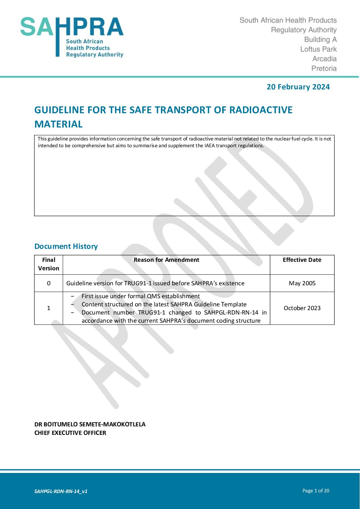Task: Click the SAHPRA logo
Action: tap(72, 37)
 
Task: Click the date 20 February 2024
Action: tap(298, 87)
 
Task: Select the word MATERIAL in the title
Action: tap(59, 124)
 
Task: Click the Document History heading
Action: tap(66, 247)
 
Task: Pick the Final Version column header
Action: tap(49, 264)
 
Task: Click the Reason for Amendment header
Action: tap(166, 260)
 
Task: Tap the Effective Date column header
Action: tap(302, 260)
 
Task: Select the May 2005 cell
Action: tap(302, 283)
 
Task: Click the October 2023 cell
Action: tap(302, 308)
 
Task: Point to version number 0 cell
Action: tap(49, 283)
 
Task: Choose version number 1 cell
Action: tap(49, 308)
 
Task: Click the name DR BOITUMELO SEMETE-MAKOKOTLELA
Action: tap(90, 424)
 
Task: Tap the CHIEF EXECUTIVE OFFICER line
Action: tap(70, 433)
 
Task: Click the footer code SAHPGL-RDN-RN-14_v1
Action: tap(61, 491)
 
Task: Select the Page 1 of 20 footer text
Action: tap(316, 491)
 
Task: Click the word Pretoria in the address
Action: tap(324, 68)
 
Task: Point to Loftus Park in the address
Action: tap(318, 49)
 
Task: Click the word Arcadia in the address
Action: tap(325, 59)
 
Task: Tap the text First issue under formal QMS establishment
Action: tap(141, 296)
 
